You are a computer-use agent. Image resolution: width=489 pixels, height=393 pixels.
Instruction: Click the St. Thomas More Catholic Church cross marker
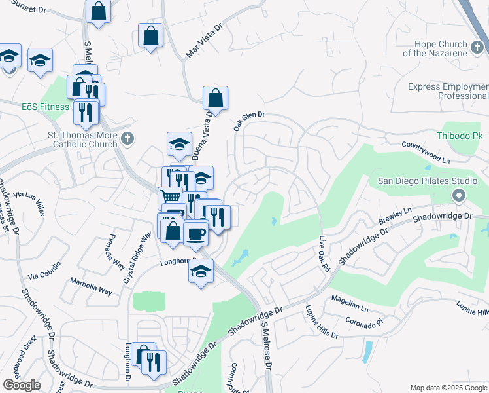[x=127, y=138]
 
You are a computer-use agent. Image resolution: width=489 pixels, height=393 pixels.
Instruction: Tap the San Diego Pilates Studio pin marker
[x=458, y=195]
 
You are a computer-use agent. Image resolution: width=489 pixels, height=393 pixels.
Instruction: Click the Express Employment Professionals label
[x=448, y=91]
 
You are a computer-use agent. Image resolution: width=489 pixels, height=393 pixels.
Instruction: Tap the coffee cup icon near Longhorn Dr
[x=195, y=233]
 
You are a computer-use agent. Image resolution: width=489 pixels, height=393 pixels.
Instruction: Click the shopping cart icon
[x=170, y=196]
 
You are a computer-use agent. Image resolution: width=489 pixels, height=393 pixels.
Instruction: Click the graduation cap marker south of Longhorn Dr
[x=201, y=270]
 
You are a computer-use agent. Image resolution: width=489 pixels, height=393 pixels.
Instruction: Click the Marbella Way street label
[x=91, y=286]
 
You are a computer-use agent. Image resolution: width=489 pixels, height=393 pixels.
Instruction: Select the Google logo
[x=22, y=385]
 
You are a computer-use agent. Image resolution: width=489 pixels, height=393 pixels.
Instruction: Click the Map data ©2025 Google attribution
[x=448, y=388]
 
